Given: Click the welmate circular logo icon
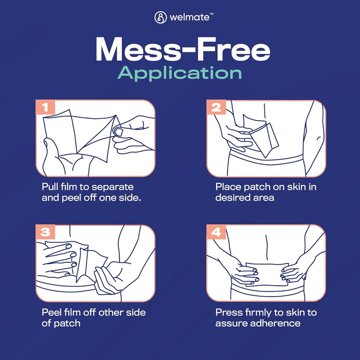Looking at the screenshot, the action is [160, 18].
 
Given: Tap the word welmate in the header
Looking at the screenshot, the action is [189, 18].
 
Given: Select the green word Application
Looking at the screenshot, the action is [180, 73].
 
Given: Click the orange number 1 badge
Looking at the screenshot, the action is [45, 107].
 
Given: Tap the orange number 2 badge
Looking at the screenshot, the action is [216, 107].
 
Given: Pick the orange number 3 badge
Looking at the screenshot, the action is [45, 232].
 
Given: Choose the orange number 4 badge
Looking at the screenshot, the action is [216, 232].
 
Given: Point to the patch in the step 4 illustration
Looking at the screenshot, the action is [267, 274].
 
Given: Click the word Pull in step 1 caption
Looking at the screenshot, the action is [50, 187].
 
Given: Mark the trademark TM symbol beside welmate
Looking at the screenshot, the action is [211, 14].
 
